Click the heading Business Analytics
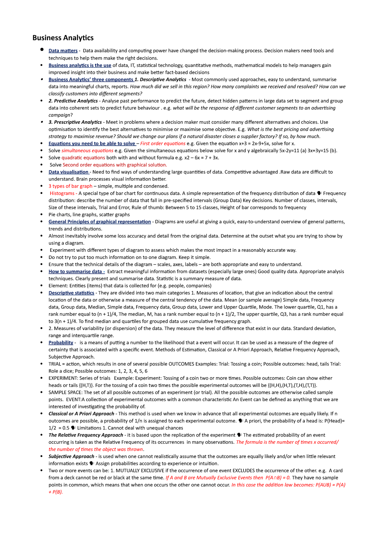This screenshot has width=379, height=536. tap(63, 38)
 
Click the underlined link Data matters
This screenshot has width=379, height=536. tap(63, 51)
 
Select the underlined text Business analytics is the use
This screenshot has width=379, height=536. tap(80, 65)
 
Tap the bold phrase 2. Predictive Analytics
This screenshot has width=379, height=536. tap(73, 101)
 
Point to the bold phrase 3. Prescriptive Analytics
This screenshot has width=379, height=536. tap(75, 122)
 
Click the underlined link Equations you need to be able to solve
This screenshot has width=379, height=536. tap(92, 144)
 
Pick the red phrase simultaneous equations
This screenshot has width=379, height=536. tap(87, 151)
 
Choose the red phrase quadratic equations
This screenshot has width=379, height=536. tap(83, 158)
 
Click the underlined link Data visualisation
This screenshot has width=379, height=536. tap(69, 172)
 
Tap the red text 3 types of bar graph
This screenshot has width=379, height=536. tap(70, 186)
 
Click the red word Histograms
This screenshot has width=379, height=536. tap(62, 193)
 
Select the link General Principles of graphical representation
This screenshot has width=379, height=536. tap(99, 222)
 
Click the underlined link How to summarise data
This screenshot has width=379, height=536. tap(75, 272)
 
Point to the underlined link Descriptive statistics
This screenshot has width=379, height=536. tap(71, 293)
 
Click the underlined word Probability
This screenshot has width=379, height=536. tap(61, 343)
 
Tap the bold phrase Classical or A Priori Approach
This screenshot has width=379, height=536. tap(81, 414)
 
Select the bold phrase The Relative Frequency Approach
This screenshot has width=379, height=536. tap(86, 435)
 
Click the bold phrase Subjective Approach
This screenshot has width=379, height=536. tap(71, 456)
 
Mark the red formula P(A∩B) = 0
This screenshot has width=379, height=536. tap(278, 478)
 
